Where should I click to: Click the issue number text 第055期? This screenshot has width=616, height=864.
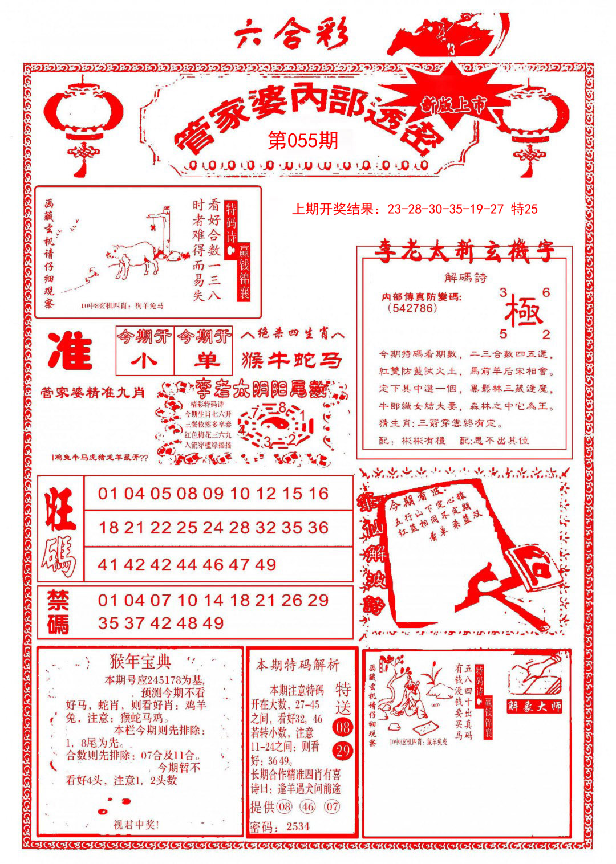tap(303, 141)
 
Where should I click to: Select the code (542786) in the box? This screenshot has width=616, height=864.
tap(412, 308)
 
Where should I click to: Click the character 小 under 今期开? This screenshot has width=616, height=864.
tap(144, 361)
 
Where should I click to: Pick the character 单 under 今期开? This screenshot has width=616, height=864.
tap(205, 361)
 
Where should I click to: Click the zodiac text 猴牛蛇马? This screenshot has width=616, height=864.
tap(292, 360)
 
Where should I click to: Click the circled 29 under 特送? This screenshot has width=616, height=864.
tap(343, 751)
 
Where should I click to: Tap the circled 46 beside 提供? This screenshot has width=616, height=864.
tap(307, 807)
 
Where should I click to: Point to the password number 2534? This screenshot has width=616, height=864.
tap(298, 826)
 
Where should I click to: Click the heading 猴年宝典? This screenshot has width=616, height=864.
tap(140, 661)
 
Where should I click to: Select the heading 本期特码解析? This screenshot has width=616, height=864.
tap(297, 665)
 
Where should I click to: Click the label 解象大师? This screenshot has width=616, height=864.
tap(534, 707)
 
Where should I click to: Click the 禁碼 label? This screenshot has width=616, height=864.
tap(58, 612)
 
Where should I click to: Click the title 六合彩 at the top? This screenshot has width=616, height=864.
tap(291, 35)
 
